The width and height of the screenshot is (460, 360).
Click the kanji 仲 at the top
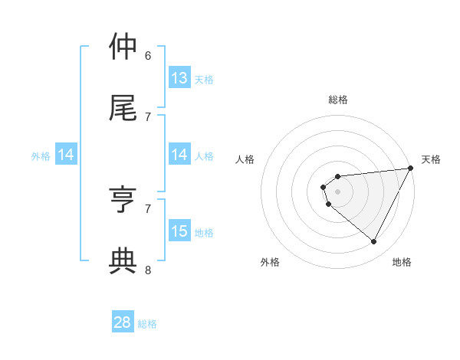(x=123, y=47)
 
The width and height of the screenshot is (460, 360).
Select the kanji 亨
(x=123, y=200)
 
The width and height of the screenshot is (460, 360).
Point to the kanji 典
(x=123, y=261)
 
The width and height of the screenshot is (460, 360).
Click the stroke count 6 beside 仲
(x=148, y=55)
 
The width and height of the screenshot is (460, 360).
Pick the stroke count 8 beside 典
(x=148, y=270)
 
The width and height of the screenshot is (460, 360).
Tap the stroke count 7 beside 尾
(x=148, y=116)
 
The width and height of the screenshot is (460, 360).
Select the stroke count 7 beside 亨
(x=148, y=208)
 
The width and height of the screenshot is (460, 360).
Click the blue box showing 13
(x=179, y=78)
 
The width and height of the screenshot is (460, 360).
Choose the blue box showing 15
(x=179, y=231)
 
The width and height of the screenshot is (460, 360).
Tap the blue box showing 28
(x=123, y=322)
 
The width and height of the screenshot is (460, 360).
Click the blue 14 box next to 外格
(x=66, y=155)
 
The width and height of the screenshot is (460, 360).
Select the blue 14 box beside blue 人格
(x=179, y=155)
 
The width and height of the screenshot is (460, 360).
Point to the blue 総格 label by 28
(x=147, y=324)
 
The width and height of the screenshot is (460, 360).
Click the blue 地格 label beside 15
(x=204, y=233)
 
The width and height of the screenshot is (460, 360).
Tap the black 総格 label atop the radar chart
(x=338, y=100)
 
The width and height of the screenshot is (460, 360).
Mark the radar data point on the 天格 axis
(x=410, y=169)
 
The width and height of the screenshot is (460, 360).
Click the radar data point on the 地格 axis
(x=373, y=242)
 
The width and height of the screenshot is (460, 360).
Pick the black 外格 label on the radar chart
(x=270, y=263)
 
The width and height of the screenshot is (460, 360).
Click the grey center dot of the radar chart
(x=338, y=191)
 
